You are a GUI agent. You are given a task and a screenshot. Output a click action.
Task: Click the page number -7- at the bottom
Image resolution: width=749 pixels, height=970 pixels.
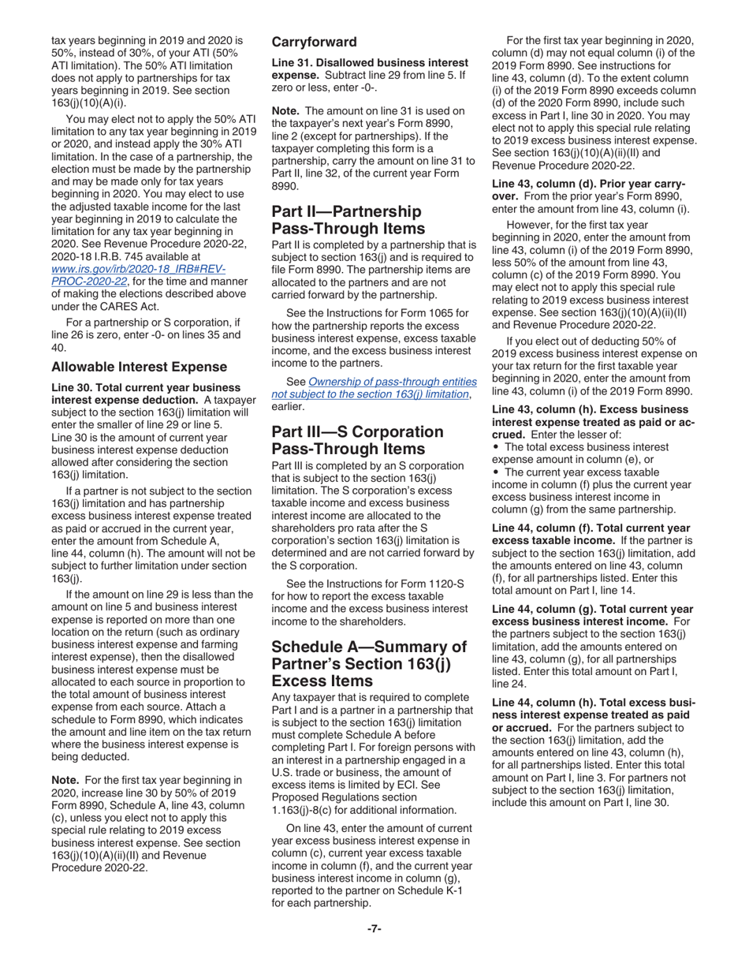[374, 928]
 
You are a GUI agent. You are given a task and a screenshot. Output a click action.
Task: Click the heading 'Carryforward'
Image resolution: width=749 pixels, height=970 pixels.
[314, 42]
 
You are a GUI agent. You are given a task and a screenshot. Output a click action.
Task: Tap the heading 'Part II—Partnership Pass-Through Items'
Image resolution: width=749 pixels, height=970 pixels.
[346, 220]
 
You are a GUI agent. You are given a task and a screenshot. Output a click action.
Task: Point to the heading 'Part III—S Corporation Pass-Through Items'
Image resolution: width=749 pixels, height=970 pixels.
[357, 440]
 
